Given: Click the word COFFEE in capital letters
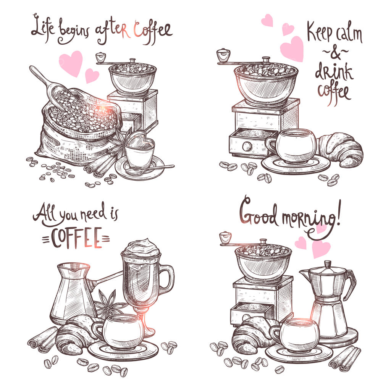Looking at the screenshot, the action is pyautogui.click(x=76, y=238).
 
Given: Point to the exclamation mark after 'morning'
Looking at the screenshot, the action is pyautogui.click(x=338, y=212).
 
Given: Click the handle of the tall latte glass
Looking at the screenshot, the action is pyautogui.click(x=166, y=279).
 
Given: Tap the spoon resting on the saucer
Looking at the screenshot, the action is pyautogui.click(x=150, y=169).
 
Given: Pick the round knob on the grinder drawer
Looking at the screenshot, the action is pyautogui.click(x=247, y=146).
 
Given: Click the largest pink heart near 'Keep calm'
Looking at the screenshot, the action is pyautogui.click(x=292, y=49).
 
